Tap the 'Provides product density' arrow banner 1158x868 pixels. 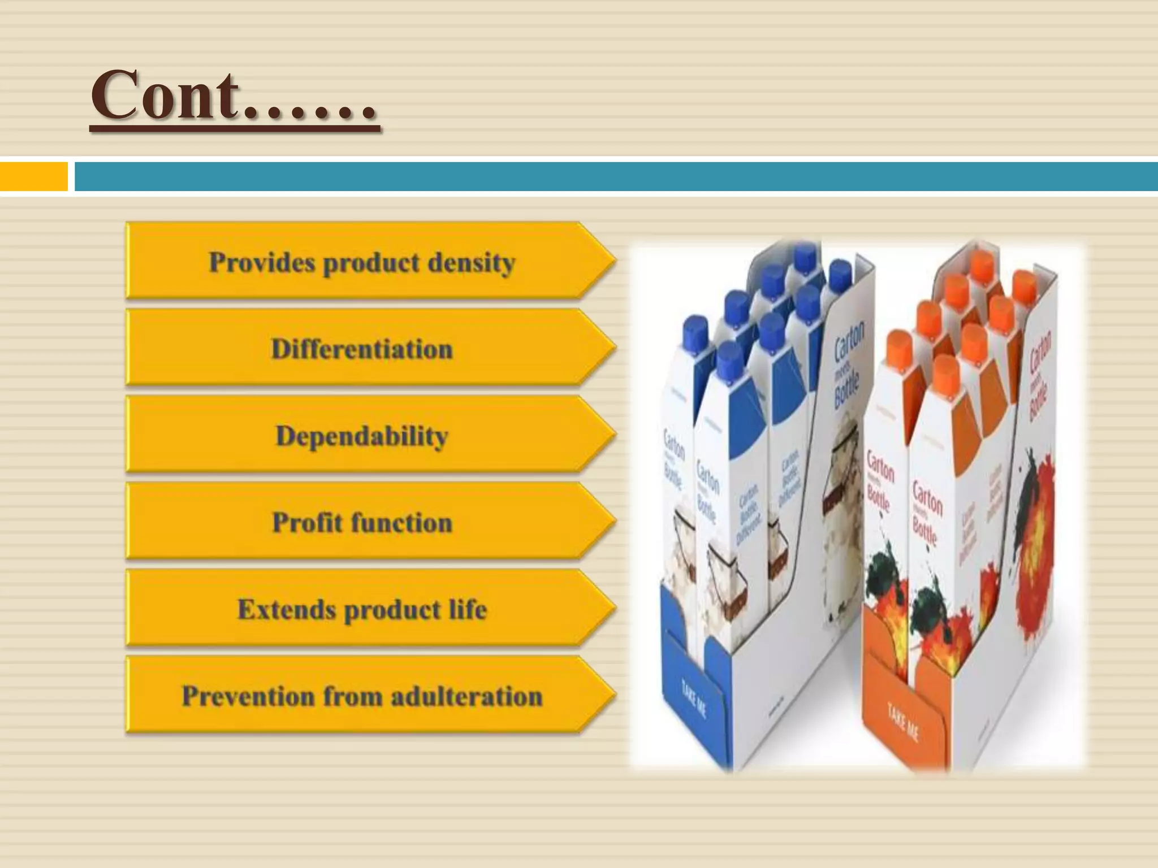[362, 262]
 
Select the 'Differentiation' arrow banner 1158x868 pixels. [362, 349]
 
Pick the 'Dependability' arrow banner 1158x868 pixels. [362, 436]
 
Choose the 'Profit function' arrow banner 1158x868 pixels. [362, 523]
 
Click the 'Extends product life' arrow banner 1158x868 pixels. [362, 609]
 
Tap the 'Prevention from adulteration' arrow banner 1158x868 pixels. [362, 696]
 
